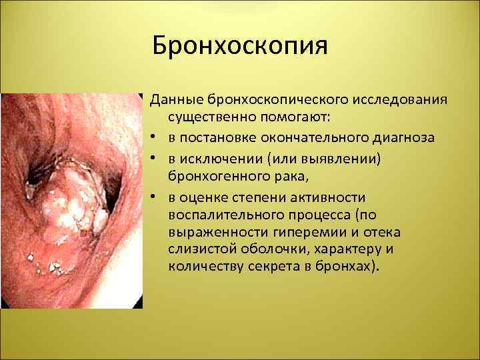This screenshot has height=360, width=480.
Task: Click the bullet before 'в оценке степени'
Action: pyautogui.click(x=153, y=197)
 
